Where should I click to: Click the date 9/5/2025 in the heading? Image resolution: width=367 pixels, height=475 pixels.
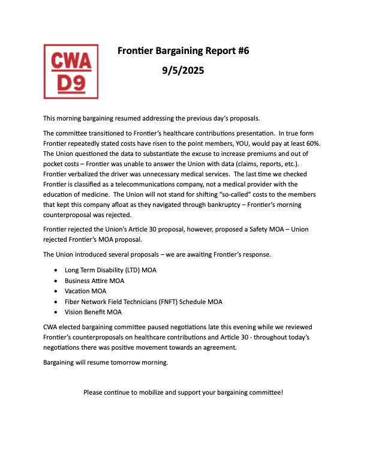(183, 71)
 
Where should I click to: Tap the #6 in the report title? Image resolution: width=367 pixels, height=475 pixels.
(241, 51)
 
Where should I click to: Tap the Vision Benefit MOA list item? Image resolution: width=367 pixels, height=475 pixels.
(91, 312)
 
